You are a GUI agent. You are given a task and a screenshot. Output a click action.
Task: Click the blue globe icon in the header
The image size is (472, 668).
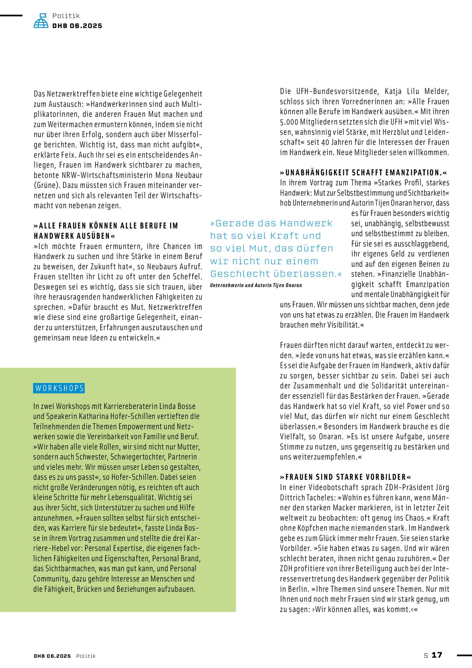coord(41,21)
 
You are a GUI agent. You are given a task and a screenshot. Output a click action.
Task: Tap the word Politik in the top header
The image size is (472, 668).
coord(66,16)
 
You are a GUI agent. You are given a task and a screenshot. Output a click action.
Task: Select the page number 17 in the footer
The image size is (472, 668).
coord(437,655)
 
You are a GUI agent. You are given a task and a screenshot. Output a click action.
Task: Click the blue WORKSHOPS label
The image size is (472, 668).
coord(59,388)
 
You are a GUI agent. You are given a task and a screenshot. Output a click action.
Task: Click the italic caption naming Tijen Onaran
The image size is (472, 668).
coord(256,285)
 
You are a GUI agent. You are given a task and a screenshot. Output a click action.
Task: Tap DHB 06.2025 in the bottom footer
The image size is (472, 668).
coord(52,656)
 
